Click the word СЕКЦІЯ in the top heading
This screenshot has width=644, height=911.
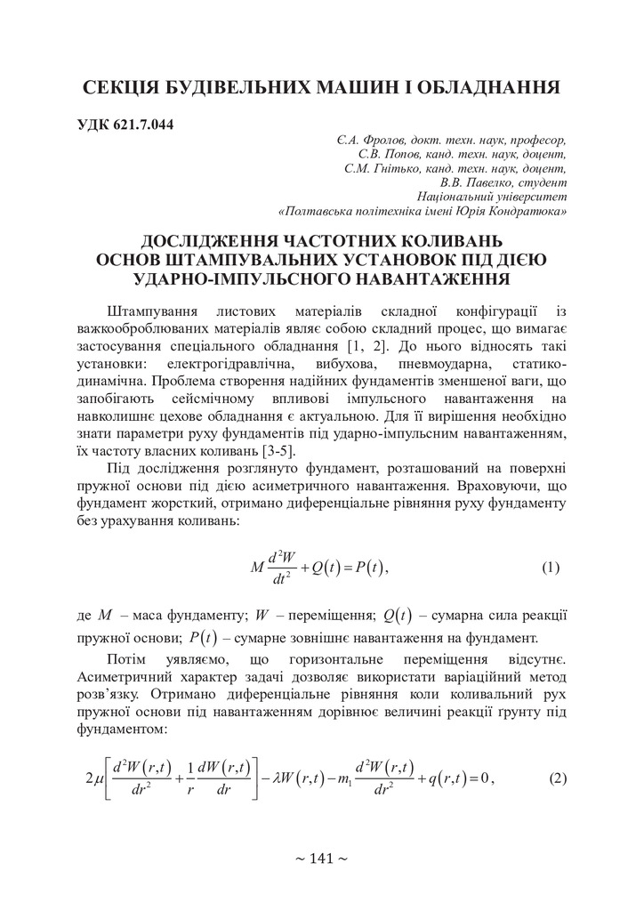pos(126,87)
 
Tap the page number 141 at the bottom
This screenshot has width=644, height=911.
pos(321,859)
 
